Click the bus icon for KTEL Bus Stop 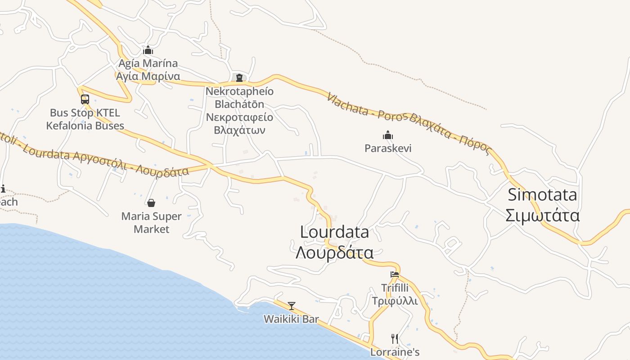[x=85, y=99]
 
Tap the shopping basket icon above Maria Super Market [x=151, y=203]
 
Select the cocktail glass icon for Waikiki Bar [x=292, y=306]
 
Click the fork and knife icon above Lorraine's [x=395, y=339]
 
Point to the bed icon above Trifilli [x=395, y=274]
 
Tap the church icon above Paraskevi [x=388, y=135]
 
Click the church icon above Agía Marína [x=148, y=50]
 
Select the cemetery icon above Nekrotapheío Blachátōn [x=239, y=78]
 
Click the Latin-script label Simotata [x=542, y=195]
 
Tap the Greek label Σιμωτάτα [x=542, y=216]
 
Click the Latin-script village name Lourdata [x=334, y=232]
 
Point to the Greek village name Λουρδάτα [x=334, y=252]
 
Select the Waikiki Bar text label [x=291, y=319]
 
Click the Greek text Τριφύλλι [x=395, y=301]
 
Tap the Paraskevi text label [x=388, y=148]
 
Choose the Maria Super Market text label [x=151, y=223]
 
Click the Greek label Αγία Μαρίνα [x=148, y=76]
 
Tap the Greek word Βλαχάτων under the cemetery [x=239, y=130]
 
